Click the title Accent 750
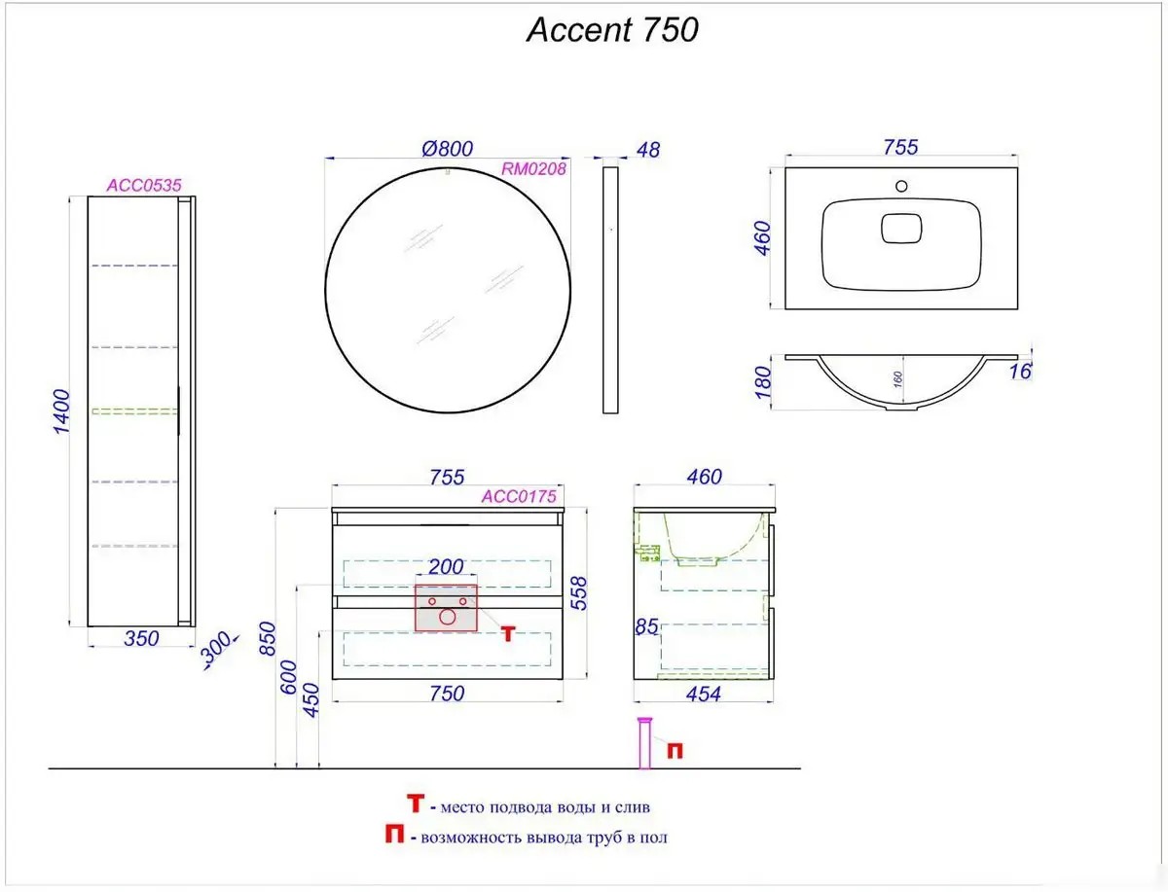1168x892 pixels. [612, 30]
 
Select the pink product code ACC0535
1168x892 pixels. [144, 184]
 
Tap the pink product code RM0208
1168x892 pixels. [533, 168]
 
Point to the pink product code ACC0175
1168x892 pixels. [519, 495]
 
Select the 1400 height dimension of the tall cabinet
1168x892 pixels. [60, 411]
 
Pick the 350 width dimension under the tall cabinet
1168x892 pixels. [142, 639]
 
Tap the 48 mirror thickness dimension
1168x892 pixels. [647, 150]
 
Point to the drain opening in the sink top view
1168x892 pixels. [900, 229]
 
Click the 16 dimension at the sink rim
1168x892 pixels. [1020, 371]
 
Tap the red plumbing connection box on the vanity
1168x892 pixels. [446, 609]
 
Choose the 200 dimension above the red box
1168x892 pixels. [446, 567]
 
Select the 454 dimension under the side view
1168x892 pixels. [704, 694]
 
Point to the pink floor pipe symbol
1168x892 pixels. [643, 744]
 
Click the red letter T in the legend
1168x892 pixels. [416, 804]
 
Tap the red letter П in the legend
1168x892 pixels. [395, 836]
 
